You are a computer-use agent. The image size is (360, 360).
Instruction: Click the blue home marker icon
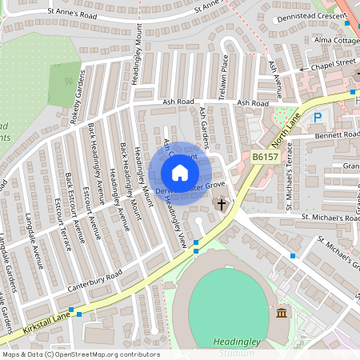pos(180,173)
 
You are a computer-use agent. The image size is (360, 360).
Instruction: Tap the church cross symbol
pos(222,205)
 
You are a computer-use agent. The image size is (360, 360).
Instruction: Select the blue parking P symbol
pos(317,118)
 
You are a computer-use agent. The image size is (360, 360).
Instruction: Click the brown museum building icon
pos(282,313)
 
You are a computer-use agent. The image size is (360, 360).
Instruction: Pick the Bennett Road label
pos(336,135)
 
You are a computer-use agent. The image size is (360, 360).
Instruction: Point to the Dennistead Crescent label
pos(313,18)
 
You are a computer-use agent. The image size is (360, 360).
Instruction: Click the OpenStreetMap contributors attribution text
pos(80,354)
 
